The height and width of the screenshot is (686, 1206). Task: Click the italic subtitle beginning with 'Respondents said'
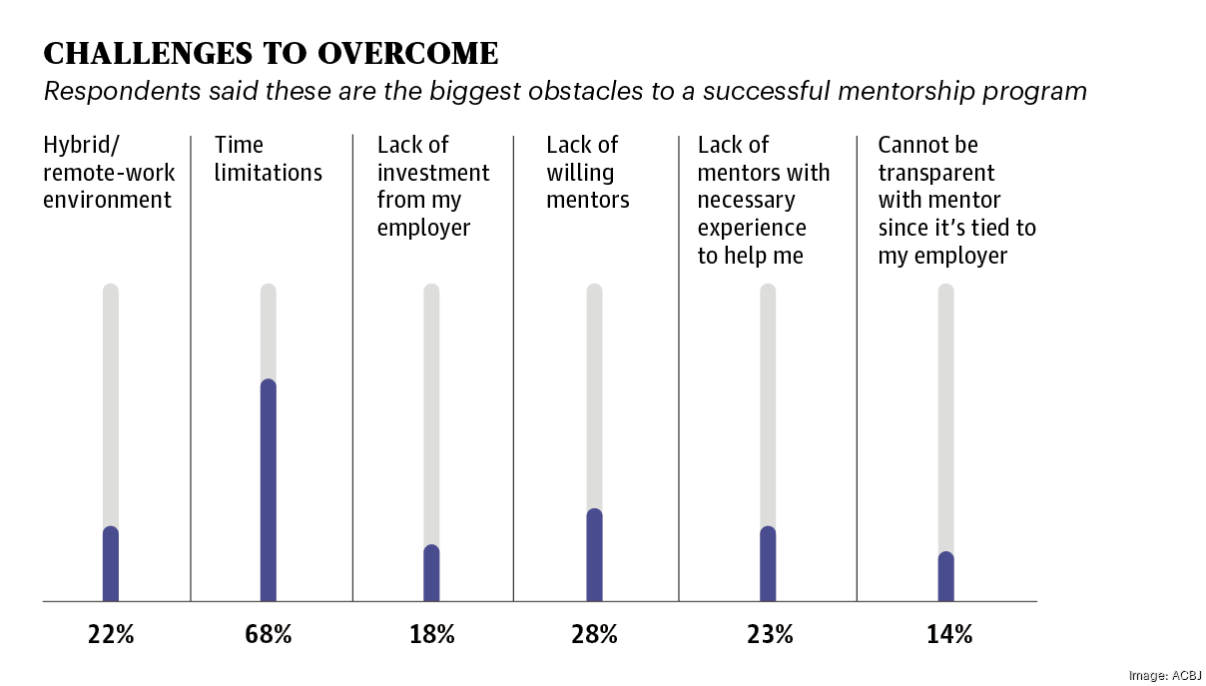[564, 92]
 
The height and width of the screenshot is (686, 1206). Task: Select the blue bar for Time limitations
[269, 489]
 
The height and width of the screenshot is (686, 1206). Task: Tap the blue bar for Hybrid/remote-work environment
[111, 564]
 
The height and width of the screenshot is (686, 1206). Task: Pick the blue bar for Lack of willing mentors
[594, 555]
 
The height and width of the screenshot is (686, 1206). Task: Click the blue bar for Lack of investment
[431, 573]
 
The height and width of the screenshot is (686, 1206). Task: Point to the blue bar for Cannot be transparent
[945, 577]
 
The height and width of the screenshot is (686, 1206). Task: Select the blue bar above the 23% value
[768, 564]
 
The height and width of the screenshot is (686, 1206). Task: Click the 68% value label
[269, 634]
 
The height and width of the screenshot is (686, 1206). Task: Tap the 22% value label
[111, 634]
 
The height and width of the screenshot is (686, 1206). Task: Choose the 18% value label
[431, 634]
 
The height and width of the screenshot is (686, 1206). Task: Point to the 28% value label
[594, 634]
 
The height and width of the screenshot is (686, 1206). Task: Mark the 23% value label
[769, 634]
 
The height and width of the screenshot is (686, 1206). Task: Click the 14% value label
[947, 634]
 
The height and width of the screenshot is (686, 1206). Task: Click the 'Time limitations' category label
[269, 159]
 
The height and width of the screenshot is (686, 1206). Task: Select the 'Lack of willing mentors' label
[587, 173]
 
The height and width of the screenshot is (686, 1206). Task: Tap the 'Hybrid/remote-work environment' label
[108, 173]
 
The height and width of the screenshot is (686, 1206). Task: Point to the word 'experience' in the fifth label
[752, 228]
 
